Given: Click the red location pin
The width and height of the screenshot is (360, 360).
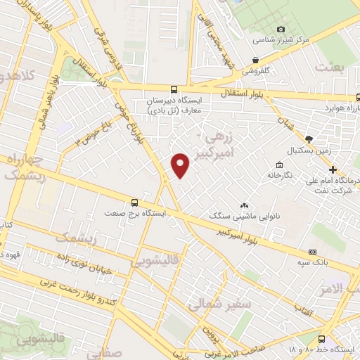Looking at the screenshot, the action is [181, 165].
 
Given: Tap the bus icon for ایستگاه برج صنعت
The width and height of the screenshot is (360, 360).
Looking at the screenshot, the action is [134, 202].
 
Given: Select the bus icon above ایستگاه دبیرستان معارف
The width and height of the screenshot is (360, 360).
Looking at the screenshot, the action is [173, 89].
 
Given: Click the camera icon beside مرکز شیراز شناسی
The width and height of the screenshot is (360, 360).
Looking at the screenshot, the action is [281, 29].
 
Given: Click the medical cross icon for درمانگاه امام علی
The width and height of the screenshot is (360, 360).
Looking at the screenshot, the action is [333, 169].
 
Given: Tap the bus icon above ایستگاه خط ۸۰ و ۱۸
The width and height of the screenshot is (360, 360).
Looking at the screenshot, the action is [321, 338].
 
